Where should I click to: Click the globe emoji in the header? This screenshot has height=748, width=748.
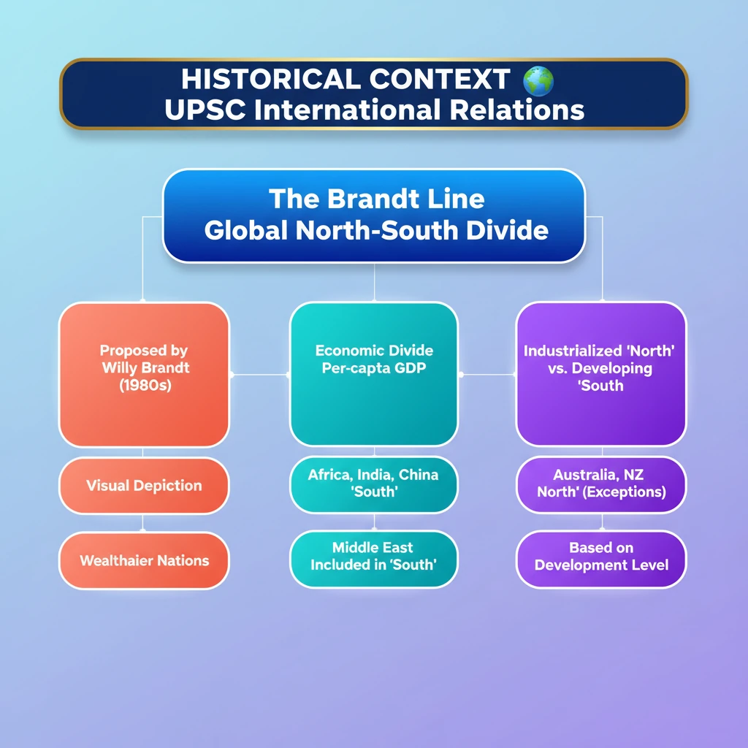pos(538,81)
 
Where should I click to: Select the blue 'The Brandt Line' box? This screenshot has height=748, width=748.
pos(373,215)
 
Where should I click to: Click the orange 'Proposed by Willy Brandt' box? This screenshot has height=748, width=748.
pos(144,373)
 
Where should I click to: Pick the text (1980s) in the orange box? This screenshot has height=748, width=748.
pos(144,385)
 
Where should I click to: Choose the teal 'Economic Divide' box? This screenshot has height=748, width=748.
pos(374,373)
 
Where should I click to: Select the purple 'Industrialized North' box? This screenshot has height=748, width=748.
pos(601,373)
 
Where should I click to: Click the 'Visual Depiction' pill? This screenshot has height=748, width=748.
pos(144,486)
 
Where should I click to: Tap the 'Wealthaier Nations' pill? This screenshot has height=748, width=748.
pos(144,561)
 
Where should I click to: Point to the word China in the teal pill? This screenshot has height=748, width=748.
pos(419,475)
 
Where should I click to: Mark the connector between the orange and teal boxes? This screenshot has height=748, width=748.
pos(259,375)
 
